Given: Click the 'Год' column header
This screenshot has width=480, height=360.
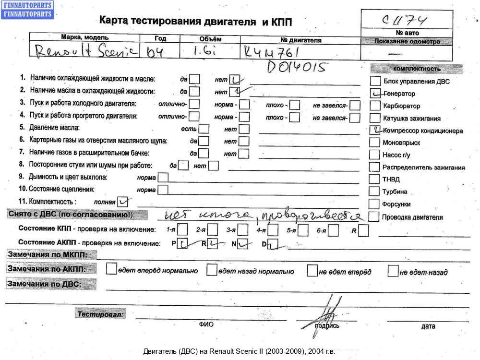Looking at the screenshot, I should click(x=160, y=38).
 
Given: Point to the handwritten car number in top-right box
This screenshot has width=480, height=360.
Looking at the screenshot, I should click(x=406, y=21).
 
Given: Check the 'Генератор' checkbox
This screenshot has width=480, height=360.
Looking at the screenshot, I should click(x=375, y=93).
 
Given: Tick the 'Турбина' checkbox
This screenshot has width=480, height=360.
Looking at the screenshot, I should click(x=375, y=192).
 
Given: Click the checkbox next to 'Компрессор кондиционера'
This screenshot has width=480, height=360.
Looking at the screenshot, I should click(x=375, y=130).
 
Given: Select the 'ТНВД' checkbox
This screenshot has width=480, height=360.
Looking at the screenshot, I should click(x=375, y=179).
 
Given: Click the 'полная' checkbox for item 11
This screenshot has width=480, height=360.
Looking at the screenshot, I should click(x=123, y=201).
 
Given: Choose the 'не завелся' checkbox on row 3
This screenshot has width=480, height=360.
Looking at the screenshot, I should click(x=355, y=104).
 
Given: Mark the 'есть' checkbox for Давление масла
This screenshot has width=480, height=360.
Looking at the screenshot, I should click(x=204, y=129).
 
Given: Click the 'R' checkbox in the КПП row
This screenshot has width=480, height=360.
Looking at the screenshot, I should click(x=363, y=230).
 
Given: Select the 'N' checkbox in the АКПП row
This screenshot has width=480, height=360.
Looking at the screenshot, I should click(x=243, y=243).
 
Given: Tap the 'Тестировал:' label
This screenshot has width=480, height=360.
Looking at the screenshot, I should click(x=100, y=314).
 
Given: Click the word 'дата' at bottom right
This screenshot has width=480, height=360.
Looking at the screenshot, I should click(x=428, y=326).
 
